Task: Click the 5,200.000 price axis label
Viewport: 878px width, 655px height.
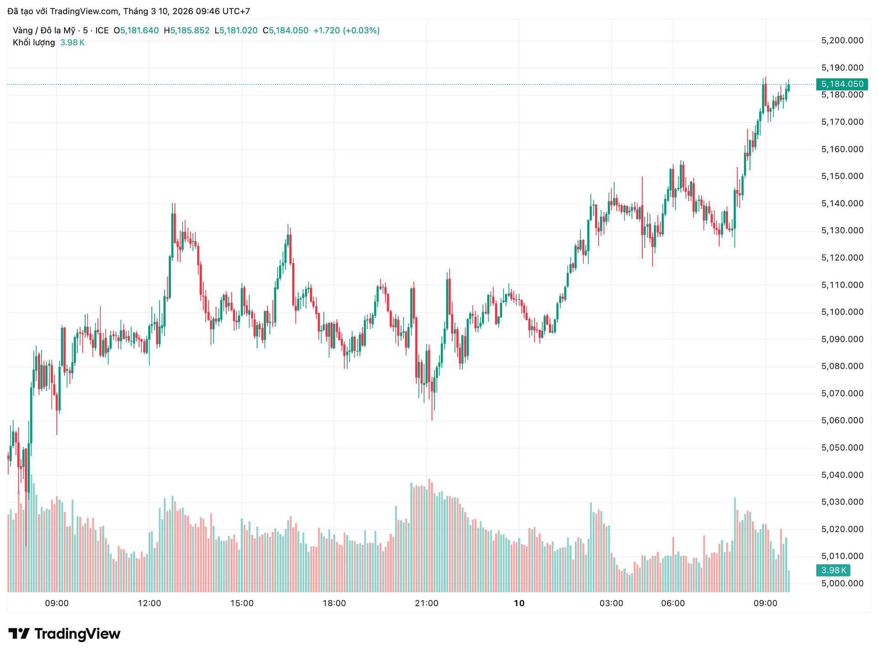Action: click(x=842, y=41)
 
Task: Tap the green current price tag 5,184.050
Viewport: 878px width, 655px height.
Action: click(x=842, y=84)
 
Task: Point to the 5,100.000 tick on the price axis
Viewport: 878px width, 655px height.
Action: click(x=842, y=312)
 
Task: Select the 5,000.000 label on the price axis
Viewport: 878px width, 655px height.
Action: click(x=842, y=583)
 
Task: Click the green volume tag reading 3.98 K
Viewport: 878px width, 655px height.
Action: click(x=833, y=570)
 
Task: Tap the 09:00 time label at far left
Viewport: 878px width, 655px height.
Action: click(x=57, y=603)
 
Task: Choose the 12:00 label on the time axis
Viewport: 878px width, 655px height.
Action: click(x=150, y=603)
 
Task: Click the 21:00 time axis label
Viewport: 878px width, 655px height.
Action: click(x=427, y=603)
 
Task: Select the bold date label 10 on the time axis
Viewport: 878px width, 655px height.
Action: click(x=519, y=603)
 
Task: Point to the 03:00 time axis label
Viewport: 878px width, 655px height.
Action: click(x=611, y=603)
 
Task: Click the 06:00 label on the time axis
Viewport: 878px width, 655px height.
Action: click(x=673, y=603)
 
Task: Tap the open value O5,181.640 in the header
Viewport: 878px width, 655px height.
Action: click(x=136, y=31)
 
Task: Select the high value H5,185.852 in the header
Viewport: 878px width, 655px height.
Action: click(x=187, y=31)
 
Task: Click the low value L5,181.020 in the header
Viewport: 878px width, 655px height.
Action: click(x=236, y=31)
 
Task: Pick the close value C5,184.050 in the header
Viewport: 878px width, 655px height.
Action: click(x=285, y=31)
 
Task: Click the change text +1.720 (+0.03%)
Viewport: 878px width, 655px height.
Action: click(x=346, y=31)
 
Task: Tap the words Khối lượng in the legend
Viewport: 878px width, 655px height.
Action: click(x=34, y=43)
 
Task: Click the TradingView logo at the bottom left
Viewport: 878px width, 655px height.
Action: click(x=64, y=634)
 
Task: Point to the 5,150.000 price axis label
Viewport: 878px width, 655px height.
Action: click(x=842, y=176)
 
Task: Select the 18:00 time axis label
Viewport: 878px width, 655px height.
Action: click(x=334, y=603)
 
